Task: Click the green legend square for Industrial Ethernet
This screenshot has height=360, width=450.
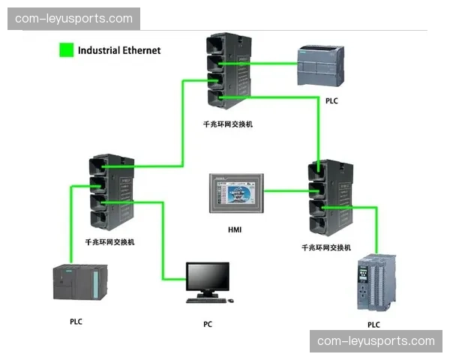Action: point(66,51)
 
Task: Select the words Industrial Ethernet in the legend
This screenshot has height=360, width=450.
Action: point(119,51)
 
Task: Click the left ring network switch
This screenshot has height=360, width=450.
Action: point(110,193)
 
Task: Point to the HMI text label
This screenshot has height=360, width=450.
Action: point(235,229)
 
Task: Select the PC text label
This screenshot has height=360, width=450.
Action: point(208,324)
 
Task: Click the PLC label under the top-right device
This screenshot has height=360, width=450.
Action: point(331,100)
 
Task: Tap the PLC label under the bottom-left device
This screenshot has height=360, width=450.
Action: point(76,321)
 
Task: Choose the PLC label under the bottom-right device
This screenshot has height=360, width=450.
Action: point(373,325)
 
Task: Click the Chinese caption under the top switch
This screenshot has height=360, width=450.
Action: point(228,124)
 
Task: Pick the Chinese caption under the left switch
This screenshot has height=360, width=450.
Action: point(110,242)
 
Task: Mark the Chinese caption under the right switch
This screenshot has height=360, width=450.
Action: point(326,247)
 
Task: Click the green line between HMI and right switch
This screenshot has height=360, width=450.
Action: point(286,191)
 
